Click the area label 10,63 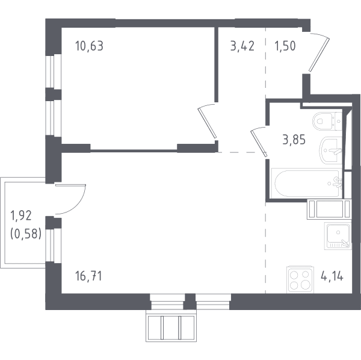point(89,46)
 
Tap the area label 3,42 point(242,46)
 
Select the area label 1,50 point(285,46)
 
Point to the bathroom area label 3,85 point(294,140)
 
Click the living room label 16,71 point(88,276)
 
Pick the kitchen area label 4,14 point(332,276)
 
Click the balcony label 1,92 point(21,216)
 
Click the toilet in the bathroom point(327,120)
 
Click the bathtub point(307,183)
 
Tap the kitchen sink point(338,236)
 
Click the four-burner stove point(300,280)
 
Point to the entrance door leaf point(319,54)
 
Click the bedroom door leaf point(207,123)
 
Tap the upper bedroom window point(50,72)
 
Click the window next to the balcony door point(50,245)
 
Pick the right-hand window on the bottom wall point(213,302)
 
